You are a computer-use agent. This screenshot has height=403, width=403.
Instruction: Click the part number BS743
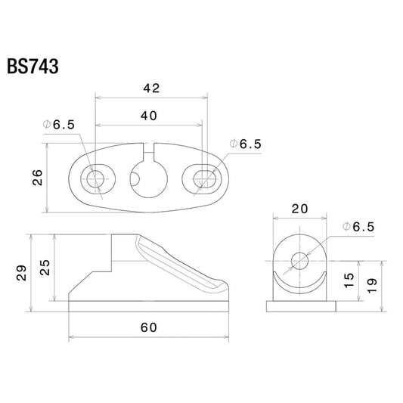coord(33,67)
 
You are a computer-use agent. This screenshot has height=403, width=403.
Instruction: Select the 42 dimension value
coord(152,88)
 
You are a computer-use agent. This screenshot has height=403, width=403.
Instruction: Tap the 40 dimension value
coord(149,116)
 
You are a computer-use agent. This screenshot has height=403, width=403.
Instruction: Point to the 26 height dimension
coord(38,178)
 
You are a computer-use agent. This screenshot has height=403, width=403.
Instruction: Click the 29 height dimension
coord(21,273)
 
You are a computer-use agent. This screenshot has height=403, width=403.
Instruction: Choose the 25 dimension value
coord(45,268)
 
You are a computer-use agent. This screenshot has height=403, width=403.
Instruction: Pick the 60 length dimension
coord(149,327)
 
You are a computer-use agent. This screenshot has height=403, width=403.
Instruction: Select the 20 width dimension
coord(299,209)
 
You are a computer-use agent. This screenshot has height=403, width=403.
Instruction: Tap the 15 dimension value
coord(349,280)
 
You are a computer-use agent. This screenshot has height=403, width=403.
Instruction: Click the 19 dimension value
coord(372,286)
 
